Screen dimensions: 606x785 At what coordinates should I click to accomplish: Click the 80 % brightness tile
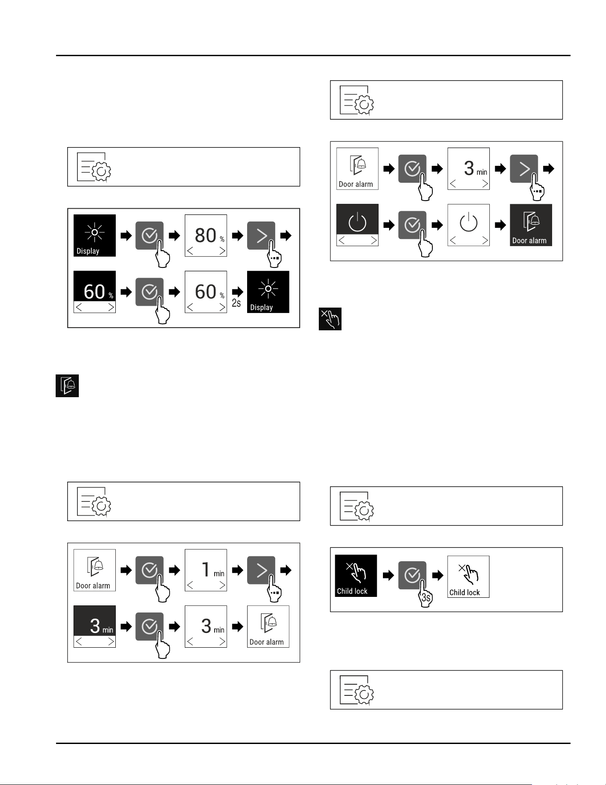point(206,235)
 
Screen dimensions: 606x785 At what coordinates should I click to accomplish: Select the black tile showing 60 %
point(94,292)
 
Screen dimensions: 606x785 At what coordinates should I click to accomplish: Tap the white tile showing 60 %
point(206,292)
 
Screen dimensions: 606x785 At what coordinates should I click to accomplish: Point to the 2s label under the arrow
point(236,303)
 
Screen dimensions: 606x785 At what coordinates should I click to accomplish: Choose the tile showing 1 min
point(206,570)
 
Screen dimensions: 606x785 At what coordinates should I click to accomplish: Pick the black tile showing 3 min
point(94,626)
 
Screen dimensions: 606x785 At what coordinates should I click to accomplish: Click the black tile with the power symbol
point(357,225)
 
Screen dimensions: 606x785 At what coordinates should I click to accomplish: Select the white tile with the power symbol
point(468,225)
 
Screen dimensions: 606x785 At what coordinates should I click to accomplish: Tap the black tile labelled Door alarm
point(531,225)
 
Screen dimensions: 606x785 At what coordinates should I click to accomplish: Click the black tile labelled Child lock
point(356,575)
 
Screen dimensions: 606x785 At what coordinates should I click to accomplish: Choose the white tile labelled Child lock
point(468,576)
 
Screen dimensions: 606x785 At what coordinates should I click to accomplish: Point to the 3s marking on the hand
point(426,598)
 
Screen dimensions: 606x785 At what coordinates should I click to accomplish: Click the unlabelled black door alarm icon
point(67,386)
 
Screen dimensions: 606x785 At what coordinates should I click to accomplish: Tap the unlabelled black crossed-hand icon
point(330,319)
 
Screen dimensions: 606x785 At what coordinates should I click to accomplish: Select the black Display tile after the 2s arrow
point(268,292)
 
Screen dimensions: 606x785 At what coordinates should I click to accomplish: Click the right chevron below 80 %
point(222,251)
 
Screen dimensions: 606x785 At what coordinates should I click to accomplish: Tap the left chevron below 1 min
point(190,585)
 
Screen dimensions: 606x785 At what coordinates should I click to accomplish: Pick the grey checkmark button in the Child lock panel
point(412,575)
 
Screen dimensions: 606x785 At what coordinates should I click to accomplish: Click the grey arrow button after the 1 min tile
point(261,570)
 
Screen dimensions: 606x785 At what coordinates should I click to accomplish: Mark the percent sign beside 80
point(222,239)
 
